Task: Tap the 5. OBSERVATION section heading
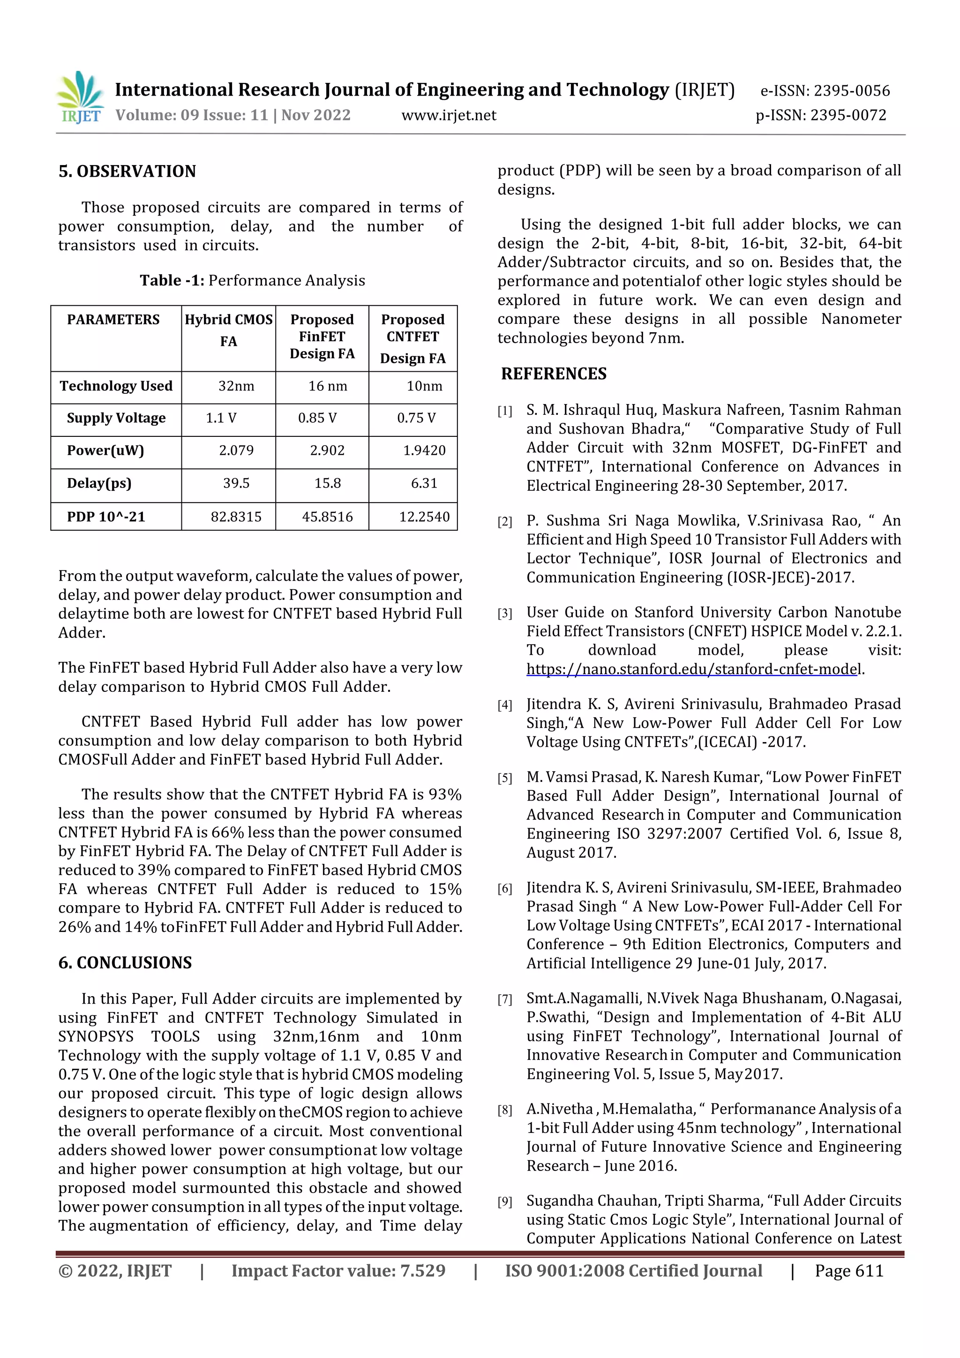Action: [x=127, y=172]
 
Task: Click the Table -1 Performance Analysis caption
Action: [x=253, y=280]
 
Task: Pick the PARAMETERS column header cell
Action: [x=113, y=320]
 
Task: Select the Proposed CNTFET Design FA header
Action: [x=412, y=338]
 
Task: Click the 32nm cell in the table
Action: [x=236, y=386]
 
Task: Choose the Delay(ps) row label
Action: [x=99, y=483]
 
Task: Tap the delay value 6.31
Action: [x=424, y=483]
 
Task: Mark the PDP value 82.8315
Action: [x=236, y=517]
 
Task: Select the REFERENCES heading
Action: [x=554, y=374]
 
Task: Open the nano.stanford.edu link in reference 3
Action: [x=692, y=669]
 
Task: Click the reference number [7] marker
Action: [x=504, y=999]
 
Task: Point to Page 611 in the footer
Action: [x=849, y=1271]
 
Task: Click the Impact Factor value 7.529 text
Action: [x=338, y=1271]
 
